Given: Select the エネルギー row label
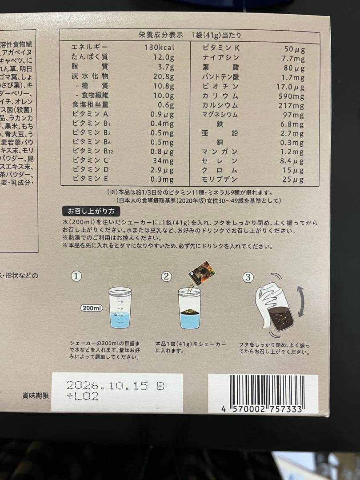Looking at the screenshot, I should pyautogui.click(x=90, y=48).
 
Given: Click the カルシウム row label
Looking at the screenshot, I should pyautogui.click(x=220, y=105).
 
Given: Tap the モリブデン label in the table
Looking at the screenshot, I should pyautogui.click(x=220, y=180).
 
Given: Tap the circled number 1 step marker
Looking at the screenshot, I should pyautogui.click(x=76, y=276).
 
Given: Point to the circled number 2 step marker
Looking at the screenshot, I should pyautogui.click(x=166, y=276).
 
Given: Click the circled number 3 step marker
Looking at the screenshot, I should pyautogui.click(x=248, y=277).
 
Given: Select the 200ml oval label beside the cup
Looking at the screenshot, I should pyautogui.click(x=92, y=308).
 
